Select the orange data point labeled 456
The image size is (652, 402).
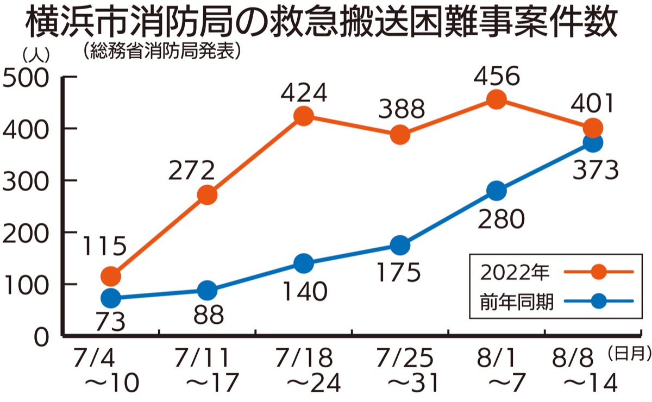pos(497,99)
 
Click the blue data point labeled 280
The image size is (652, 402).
pos(497,191)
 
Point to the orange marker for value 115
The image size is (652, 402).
pos(110,277)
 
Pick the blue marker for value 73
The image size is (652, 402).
pos(110,298)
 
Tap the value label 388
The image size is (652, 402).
pos(400,110)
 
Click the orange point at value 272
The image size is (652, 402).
pos(207,195)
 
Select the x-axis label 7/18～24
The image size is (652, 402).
pos(304,370)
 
